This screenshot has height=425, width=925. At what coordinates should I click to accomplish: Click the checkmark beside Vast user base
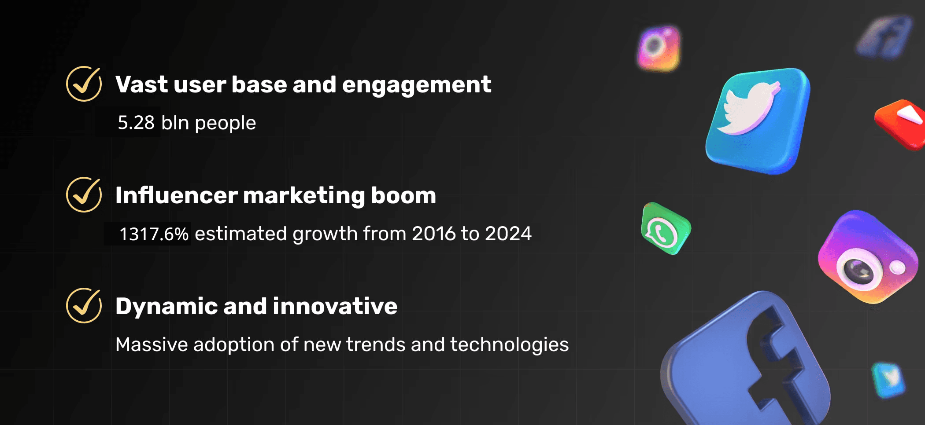point(84,84)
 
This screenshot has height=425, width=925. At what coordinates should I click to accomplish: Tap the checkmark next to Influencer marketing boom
point(84,195)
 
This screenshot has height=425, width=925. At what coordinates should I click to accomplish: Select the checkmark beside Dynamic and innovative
point(84,306)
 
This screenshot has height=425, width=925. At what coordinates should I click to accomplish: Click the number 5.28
point(136,123)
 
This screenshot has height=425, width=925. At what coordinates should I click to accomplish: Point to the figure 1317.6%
point(154,234)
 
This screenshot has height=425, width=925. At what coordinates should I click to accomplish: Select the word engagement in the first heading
point(416,85)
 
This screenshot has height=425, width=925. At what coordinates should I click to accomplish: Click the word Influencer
point(176,195)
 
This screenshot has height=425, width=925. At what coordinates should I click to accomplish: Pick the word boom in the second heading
point(403,195)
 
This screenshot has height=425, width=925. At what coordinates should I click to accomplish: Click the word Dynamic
point(166,306)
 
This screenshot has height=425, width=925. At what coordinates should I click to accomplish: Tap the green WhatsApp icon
point(665,229)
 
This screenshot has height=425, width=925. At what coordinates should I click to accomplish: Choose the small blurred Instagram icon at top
point(659,48)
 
